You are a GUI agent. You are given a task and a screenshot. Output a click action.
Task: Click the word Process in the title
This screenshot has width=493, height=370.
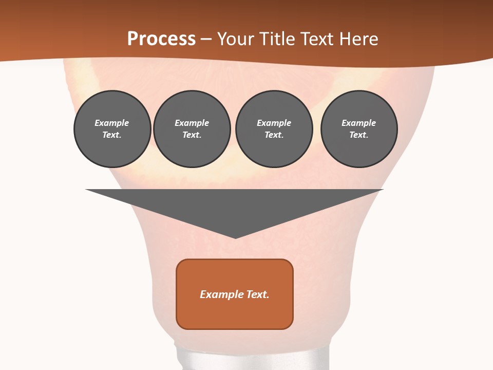tap(161, 39)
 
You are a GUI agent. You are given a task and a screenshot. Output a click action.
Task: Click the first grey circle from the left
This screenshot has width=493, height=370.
tap(112, 129)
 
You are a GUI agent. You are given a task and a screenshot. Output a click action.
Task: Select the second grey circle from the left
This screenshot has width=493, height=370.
tap(192, 129)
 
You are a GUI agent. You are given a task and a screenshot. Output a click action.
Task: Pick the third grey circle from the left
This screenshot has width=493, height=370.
tap(274, 129)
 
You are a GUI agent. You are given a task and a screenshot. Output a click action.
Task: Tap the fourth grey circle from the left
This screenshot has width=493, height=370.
tap(359, 129)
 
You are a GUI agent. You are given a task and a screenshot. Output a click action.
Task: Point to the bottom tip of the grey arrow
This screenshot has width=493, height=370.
tap(235, 237)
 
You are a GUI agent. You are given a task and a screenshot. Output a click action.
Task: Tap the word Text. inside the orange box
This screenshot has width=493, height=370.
tap(258, 294)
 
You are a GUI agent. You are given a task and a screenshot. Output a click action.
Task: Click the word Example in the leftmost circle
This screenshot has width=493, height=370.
tap(112, 123)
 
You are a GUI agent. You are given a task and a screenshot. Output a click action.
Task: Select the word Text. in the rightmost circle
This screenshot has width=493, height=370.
tap(358, 135)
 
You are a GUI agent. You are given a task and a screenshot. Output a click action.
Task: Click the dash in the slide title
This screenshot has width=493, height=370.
tap(206, 39)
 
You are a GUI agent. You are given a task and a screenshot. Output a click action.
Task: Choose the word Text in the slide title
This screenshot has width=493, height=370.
tap(317, 39)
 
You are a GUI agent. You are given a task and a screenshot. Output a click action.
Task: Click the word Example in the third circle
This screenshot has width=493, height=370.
tap(274, 123)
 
